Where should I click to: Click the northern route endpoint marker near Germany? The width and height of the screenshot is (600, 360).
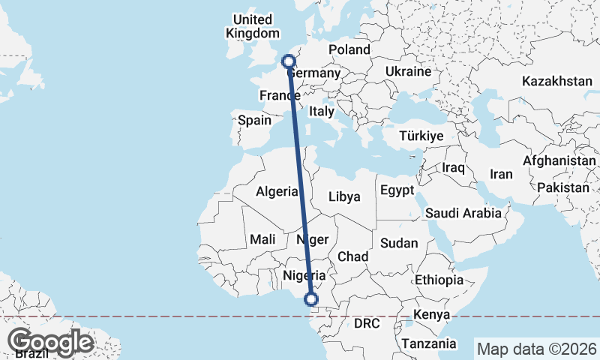tap(288, 61)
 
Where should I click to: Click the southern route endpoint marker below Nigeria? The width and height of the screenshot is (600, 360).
tap(311, 301)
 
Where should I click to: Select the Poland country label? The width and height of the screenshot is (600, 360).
tap(349, 49)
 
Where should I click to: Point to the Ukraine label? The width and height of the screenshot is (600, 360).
tap(407, 71)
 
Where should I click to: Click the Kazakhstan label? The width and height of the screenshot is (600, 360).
tap(557, 80)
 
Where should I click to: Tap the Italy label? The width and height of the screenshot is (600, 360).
tap(322, 110)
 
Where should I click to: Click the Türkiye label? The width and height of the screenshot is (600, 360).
tap(421, 136)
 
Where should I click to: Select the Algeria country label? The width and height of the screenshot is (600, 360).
tap(277, 191)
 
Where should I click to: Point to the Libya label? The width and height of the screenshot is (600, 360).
tap(345, 196)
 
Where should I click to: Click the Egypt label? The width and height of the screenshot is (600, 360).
tap(397, 190)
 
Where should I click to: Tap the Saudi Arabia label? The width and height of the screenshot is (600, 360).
tap(463, 213)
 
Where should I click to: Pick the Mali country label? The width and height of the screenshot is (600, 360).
tap(262, 239)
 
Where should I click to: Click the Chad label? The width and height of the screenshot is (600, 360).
tap(352, 256)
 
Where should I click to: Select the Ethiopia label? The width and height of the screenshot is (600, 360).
tap(440, 280)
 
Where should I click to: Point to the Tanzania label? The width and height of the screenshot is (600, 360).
tap(429, 343)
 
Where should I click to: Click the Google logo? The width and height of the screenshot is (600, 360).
tap(50, 342)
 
